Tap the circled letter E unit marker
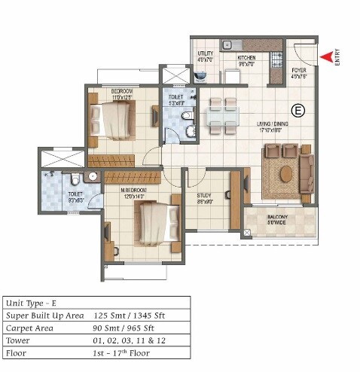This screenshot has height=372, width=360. pos(298,111)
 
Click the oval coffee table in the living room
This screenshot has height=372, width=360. pos(285,172)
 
